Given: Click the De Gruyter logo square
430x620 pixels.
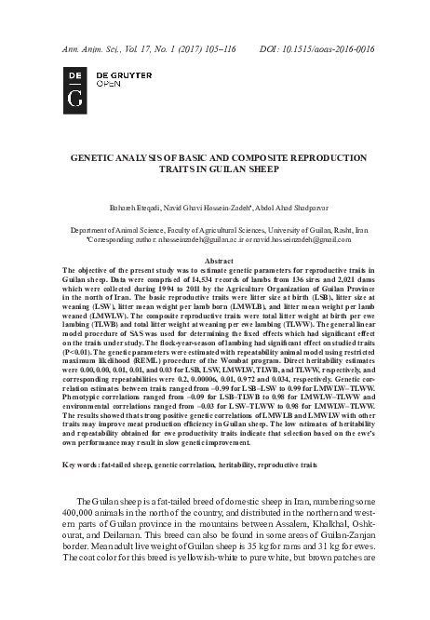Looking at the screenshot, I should click(73, 85).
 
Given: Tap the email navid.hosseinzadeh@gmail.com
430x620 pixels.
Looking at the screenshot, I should click(308, 240).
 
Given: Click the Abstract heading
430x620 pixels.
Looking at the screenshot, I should click(217, 262).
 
